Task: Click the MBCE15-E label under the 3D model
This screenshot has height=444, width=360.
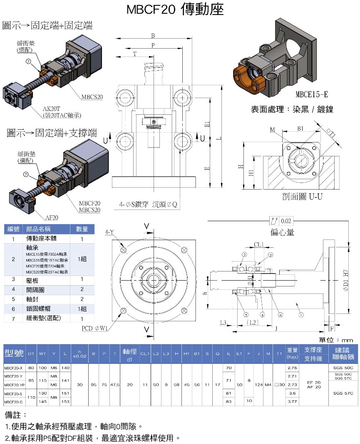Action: [x=312, y=94]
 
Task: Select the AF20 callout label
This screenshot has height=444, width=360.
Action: [x=52, y=217]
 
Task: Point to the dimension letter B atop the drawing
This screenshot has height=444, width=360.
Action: [x=153, y=36]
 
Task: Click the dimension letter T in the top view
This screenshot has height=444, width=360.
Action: [x=134, y=54]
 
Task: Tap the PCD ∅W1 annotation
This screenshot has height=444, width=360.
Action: [x=95, y=328]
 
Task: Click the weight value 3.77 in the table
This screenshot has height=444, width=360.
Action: [x=292, y=402]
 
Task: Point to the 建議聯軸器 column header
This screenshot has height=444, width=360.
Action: [x=344, y=353]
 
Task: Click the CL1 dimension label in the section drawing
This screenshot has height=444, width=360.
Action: [x=259, y=244]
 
